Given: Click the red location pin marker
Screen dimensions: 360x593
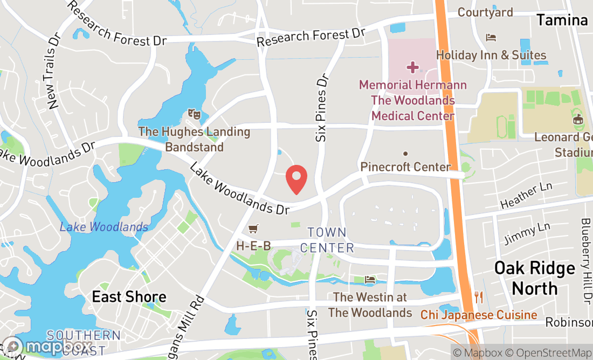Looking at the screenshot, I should (x=296, y=179).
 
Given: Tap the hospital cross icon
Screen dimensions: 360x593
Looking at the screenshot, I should (x=413, y=67).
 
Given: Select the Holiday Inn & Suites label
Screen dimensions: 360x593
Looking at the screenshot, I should (x=491, y=55).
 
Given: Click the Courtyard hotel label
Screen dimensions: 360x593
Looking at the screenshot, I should (x=485, y=12).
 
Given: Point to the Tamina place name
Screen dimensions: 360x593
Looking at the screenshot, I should (x=562, y=20).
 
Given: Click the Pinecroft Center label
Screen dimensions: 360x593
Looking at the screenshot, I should (x=405, y=167).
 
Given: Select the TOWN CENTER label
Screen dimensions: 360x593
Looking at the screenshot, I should (x=327, y=240).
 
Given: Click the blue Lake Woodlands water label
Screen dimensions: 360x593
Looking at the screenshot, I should (x=104, y=227).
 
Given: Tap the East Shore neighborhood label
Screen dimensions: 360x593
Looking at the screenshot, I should (x=129, y=296).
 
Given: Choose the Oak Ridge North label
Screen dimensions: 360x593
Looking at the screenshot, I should (x=535, y=278).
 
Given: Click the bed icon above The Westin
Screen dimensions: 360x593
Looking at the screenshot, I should (x=370, y=280).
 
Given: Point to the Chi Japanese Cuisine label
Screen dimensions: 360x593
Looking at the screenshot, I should (x=479, y=315).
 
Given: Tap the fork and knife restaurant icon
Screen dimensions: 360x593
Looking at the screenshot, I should (x=478, y=297).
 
